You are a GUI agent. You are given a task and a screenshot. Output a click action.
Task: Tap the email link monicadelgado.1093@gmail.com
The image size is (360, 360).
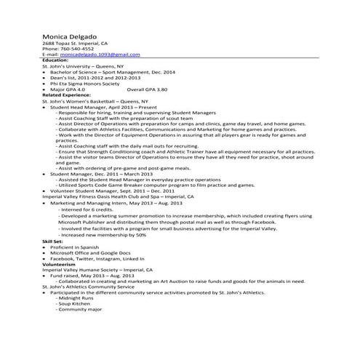[92, 55]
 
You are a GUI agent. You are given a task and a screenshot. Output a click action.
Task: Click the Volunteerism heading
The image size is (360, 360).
[60, 264]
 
